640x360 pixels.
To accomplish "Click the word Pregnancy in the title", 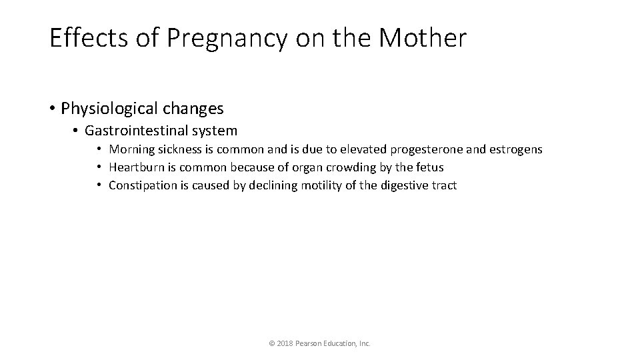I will [x=226, y=39].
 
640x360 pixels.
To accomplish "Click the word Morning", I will [x=132, y=149].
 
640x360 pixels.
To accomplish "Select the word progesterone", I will [x=431, y=149].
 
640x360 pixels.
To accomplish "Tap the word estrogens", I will [x=517, y=149].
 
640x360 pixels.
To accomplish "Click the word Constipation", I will [x=142, y=185].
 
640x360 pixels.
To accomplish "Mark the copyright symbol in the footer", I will [x=271, y=343].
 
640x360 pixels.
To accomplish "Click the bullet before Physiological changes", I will [x=52, y=108].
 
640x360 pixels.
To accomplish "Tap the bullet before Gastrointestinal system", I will [x=77, y=131].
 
